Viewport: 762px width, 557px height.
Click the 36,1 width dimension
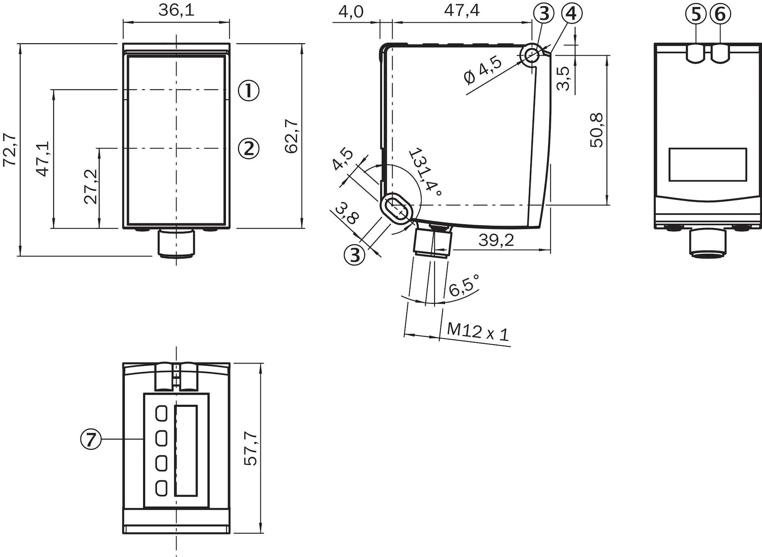pos(176,10)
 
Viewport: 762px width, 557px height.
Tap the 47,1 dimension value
pos(42,158)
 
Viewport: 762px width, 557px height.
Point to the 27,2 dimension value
pos(91,186)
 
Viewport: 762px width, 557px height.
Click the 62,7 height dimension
pos(292,136)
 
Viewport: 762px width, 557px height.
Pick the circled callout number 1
pos(248,90)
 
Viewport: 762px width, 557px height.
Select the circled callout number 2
pos(248,148)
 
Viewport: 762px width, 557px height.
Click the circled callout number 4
pos(571,13)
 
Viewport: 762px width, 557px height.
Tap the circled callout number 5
pos(696,14)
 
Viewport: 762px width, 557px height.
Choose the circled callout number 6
pos(720,14)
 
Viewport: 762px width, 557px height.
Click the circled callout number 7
pos(91,439)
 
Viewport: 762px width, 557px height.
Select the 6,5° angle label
pos(464,285)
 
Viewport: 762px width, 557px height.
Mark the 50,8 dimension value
pos(597,130)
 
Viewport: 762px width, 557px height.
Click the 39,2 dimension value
pos(496,240)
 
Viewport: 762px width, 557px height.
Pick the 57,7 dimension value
pos(251,448)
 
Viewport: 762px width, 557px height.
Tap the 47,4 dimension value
pos(462,10)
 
